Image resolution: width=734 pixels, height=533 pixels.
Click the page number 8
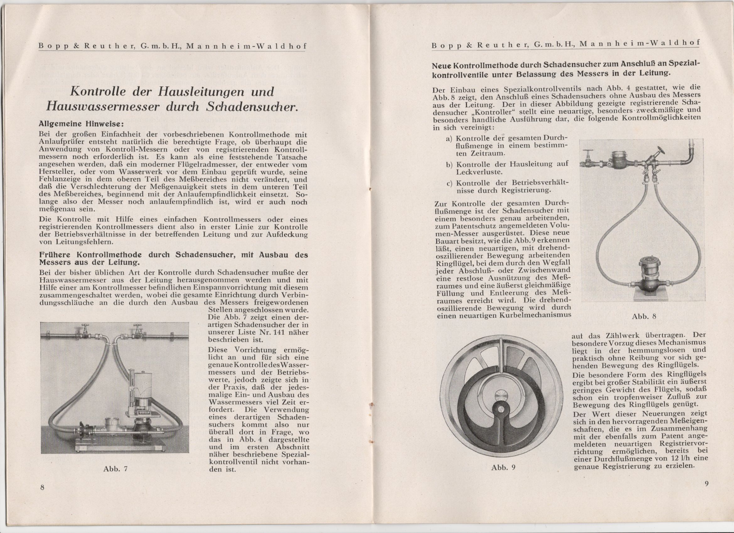[x=42, y=488]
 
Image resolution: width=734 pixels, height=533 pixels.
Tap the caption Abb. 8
[x=644, y=316]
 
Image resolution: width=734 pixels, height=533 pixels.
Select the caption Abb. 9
[x=503, y=467]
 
